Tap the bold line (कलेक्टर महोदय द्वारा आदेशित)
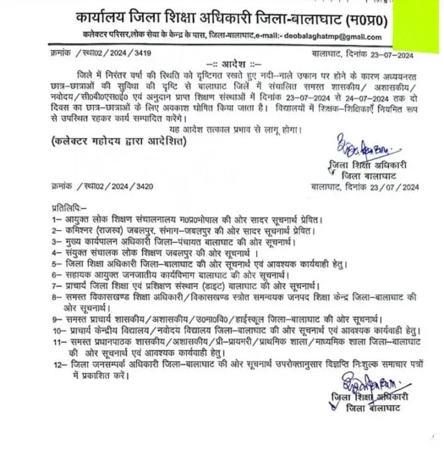pyautogui.click(x=115, y=166)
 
